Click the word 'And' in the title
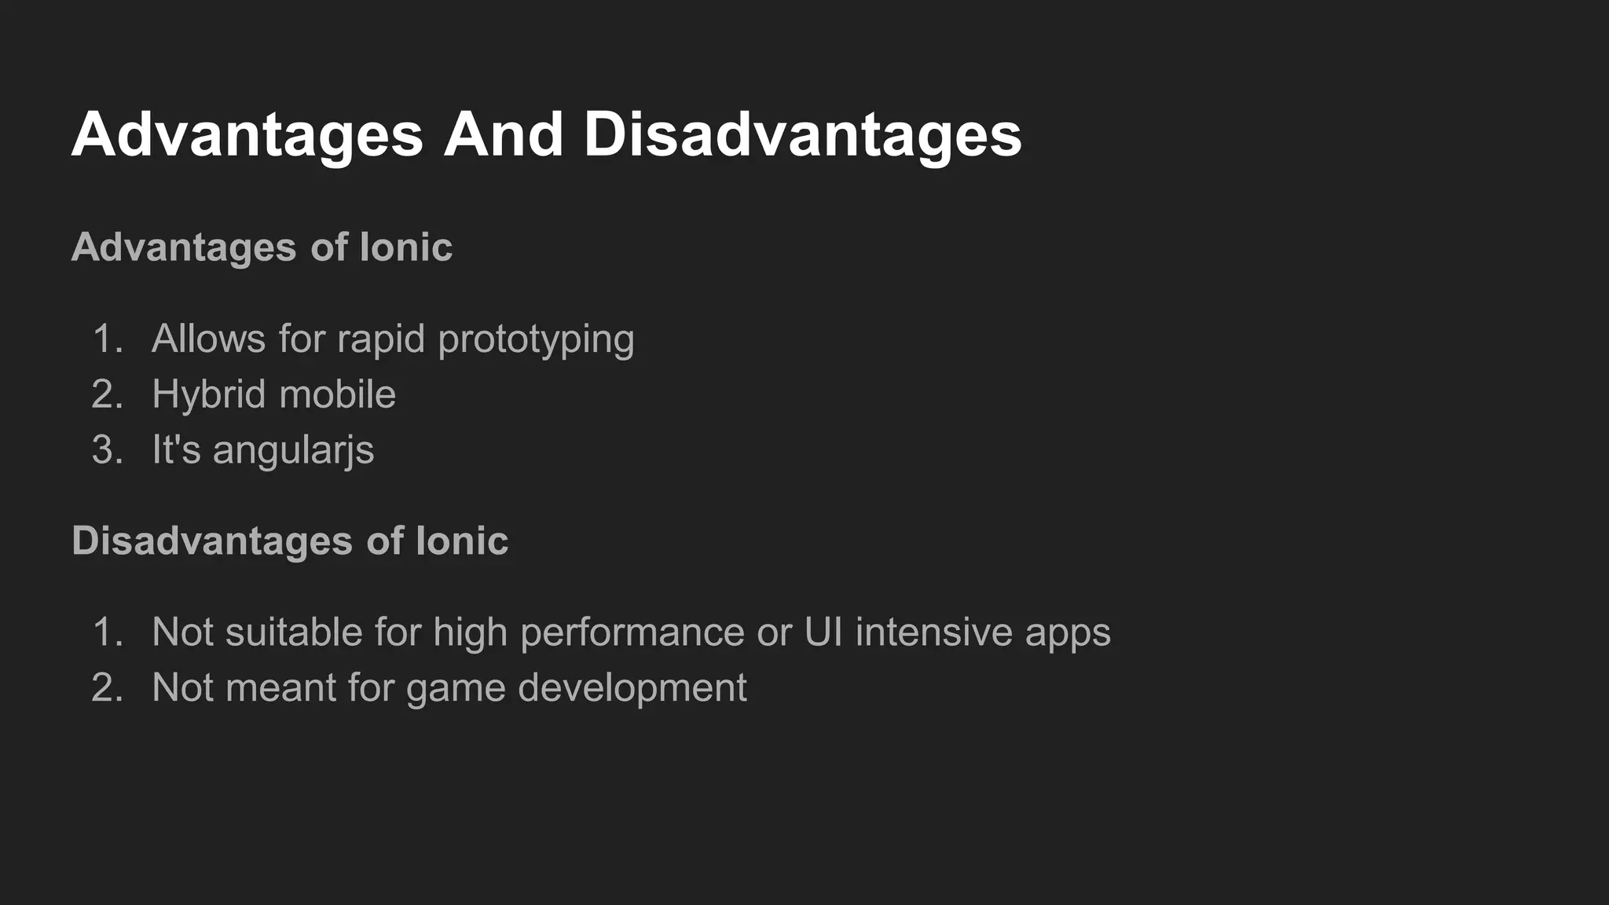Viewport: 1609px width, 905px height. [503, 134]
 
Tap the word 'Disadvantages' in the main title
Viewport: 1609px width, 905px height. [802, 134]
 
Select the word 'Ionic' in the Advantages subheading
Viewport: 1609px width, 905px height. [406, 247]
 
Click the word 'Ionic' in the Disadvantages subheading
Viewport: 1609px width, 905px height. [462, 541]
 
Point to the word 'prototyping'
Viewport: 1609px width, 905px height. [536, 340]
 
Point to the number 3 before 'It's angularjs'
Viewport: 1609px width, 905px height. [106, 450]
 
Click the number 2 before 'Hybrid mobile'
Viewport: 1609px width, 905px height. [106, 394]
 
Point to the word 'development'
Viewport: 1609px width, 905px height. [632, 689]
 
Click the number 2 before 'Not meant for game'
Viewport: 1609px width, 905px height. [106, 688]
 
